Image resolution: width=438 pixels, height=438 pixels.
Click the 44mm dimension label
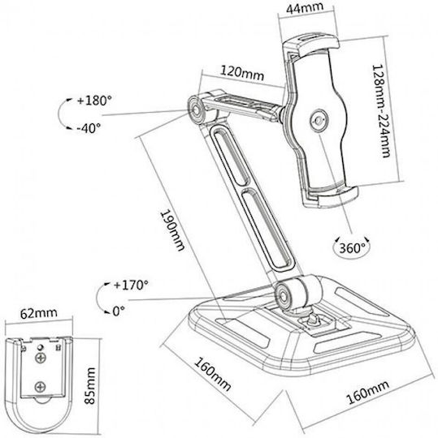(305, 7)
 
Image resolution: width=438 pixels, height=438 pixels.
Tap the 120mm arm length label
(242, 73)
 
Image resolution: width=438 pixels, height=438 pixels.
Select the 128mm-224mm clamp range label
(380, 111)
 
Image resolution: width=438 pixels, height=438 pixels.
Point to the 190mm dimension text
(172, 230)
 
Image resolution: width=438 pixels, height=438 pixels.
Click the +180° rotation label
(94, 101)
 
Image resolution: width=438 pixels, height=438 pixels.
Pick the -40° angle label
(89, 128)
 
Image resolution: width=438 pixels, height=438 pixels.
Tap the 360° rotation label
(353, 247)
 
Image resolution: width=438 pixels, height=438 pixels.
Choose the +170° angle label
(131, 286)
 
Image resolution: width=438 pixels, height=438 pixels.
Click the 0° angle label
(119, 311)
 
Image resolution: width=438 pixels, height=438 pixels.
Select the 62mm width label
(39, 313)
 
